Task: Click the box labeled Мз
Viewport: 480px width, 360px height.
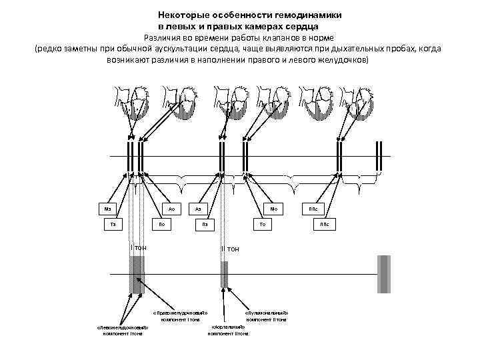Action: pyautogui.click(x=107, y=209)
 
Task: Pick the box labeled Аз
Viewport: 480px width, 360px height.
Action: pyautogui.click(x=199, y=209)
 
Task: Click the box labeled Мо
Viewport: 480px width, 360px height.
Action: pyautogui.click(x=273, y=209)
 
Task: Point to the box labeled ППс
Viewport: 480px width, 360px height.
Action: pyautogui.click(x=313, y=209)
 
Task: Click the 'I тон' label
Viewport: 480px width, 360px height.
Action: pyautogui.click(x=139, y=248)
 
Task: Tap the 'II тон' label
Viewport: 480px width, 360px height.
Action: pyautogui.click(x=229, y=249)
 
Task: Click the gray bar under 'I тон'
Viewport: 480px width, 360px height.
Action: pyautogui.click(x=137, y=274)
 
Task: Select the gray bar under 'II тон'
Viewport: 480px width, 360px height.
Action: pyautogui.click(x=225, y=274)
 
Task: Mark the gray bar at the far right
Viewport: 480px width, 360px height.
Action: pyautogui.click(x=383, y=274)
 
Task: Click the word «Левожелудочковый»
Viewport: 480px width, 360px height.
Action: pyautogui.click(x=122, y=327)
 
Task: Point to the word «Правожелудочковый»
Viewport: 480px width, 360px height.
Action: pyautogui.click(x=180, y=313)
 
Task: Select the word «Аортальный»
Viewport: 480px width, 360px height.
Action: pyautogui.click(x=229, y=327)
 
